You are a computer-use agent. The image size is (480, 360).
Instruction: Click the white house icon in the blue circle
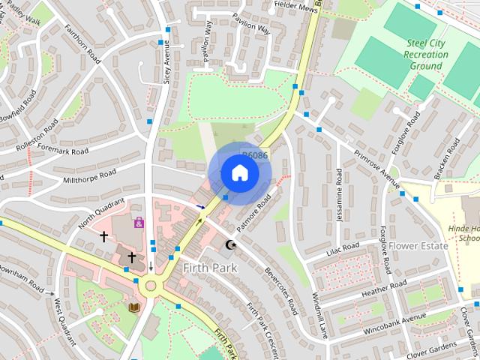[239, 173]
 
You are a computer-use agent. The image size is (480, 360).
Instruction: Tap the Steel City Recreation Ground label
[425, 55]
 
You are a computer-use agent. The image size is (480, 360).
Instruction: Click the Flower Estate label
[418, 245]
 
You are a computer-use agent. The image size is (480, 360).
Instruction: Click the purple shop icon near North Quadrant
[139, 223]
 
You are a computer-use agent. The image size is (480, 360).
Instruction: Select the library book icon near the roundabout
[135, 307]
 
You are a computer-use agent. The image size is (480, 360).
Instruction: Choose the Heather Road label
[383, 288]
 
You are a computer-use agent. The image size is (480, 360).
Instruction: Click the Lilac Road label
[343, 247]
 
